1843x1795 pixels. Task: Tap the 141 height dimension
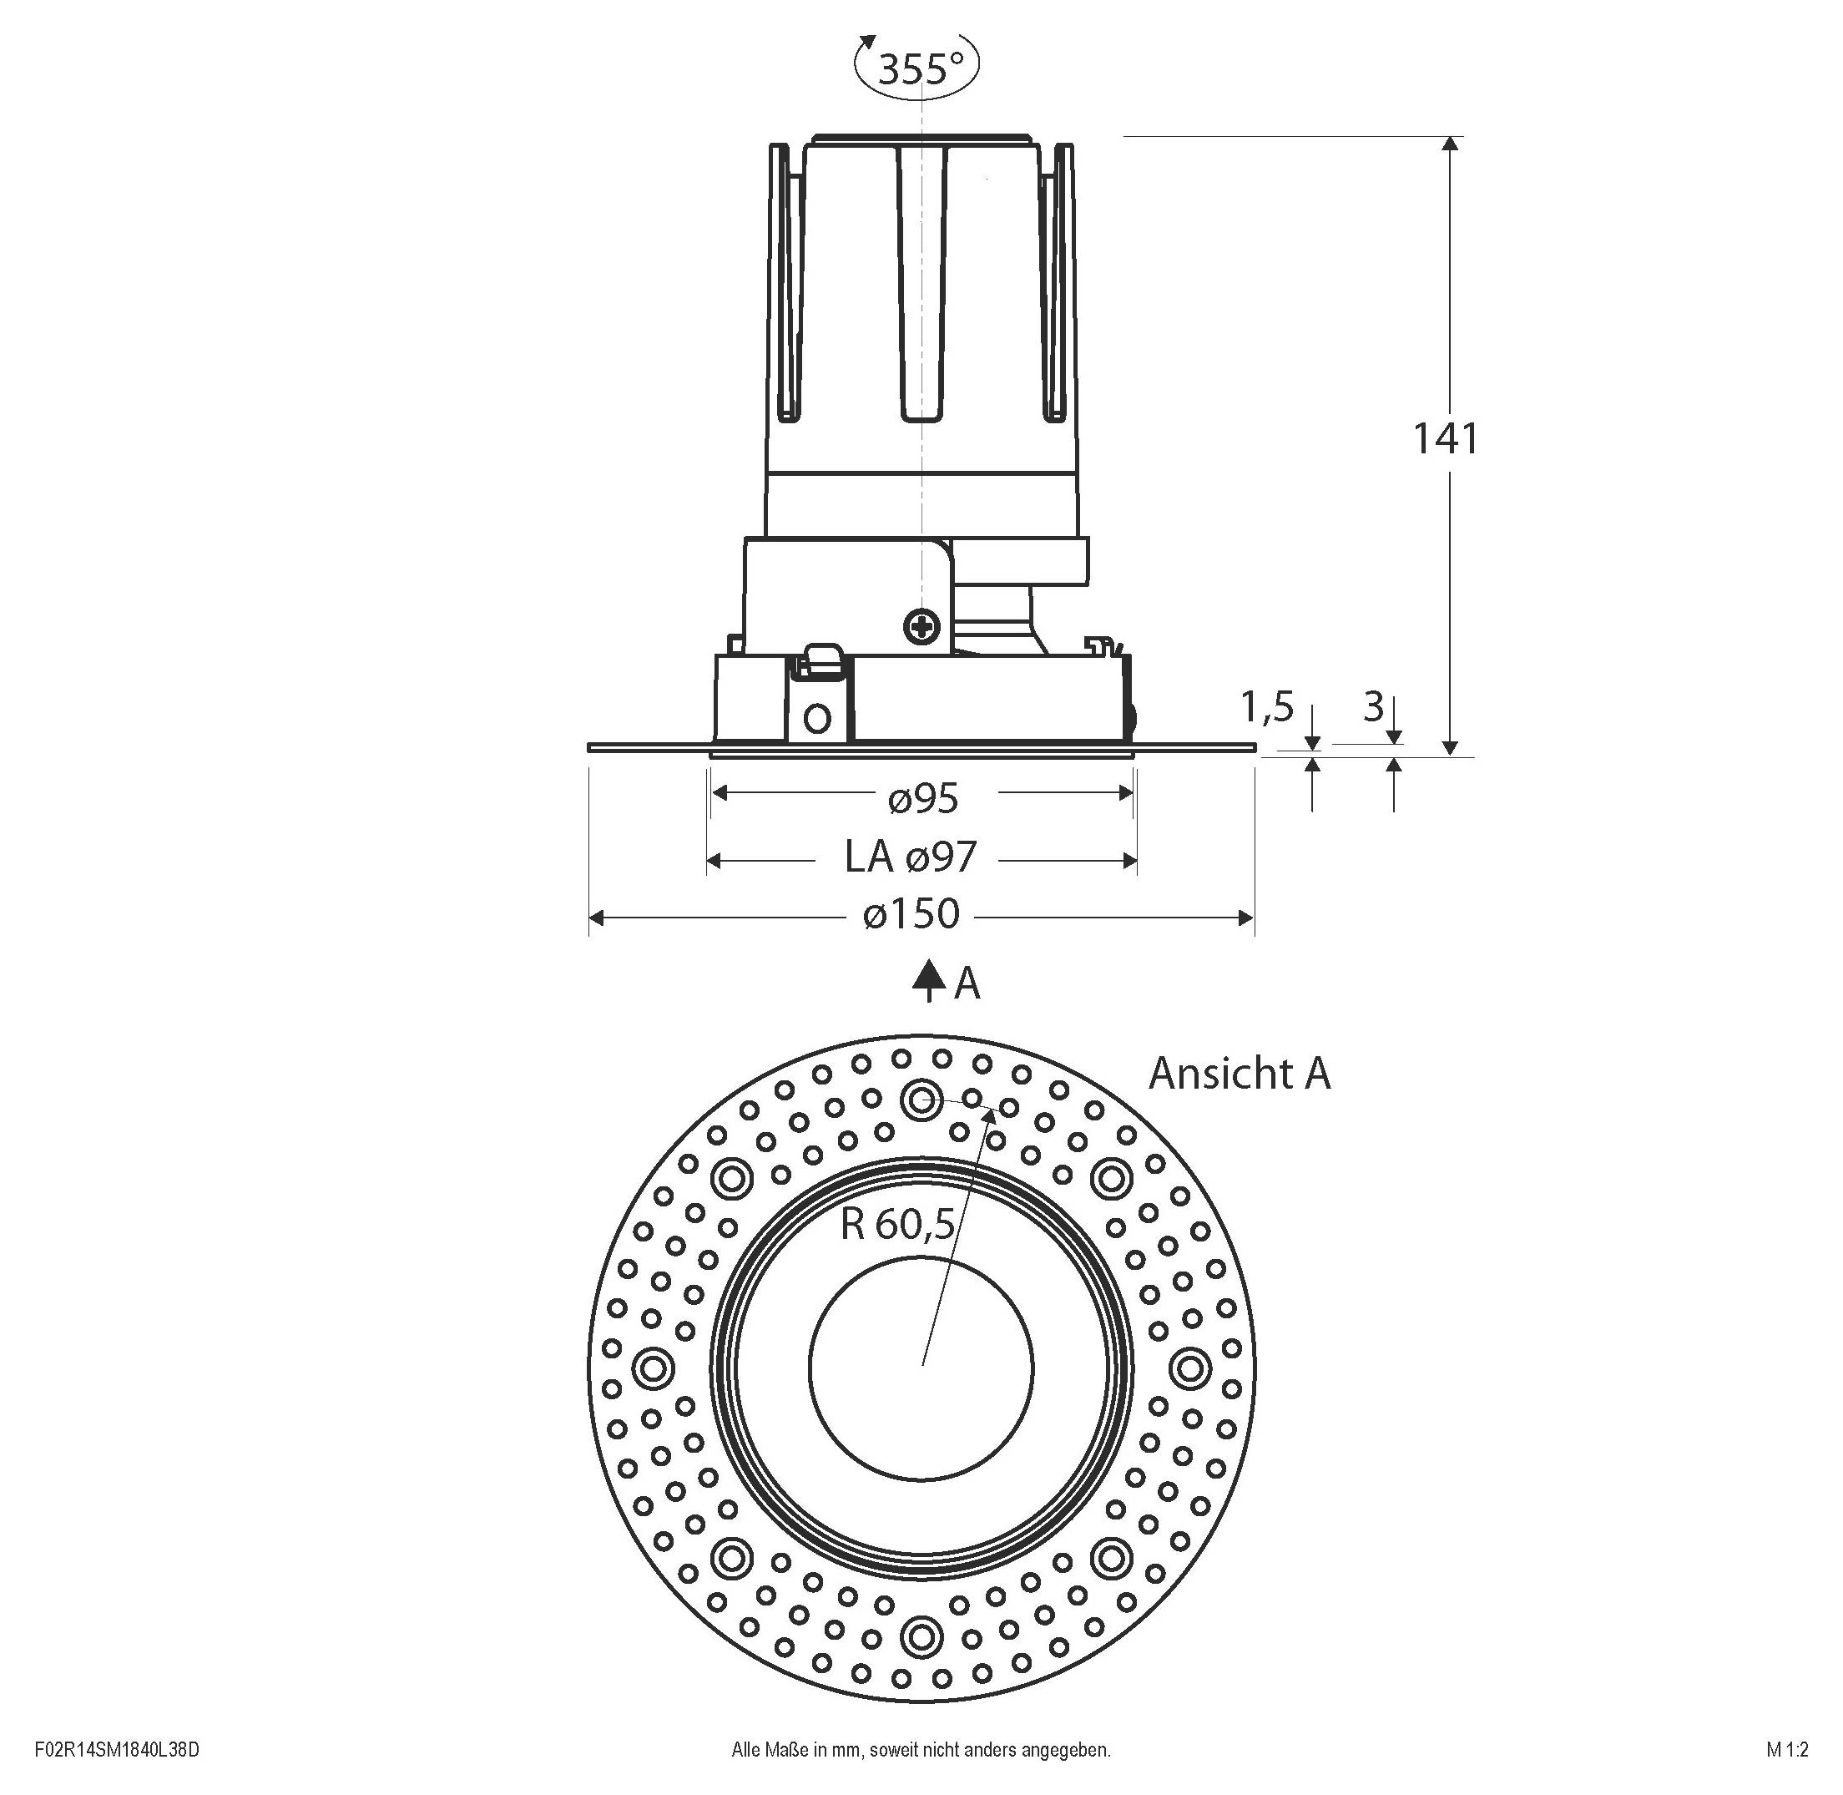[x=1444, y=439]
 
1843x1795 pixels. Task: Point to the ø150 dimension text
[x=911, y=913]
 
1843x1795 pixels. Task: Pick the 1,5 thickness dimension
[x=1267, y=707]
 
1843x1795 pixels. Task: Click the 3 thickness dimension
[x=1374, y=706]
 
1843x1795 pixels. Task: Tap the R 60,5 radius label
[x=898, y=1225]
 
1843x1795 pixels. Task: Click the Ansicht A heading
[x=1239, y=1074]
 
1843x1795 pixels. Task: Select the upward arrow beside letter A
[x=928, y=980]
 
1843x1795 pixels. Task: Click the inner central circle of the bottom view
[x=921, y=1368]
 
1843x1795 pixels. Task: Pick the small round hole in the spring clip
[x=818, y=720]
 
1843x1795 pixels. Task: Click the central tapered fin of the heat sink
[x=921, y=283]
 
